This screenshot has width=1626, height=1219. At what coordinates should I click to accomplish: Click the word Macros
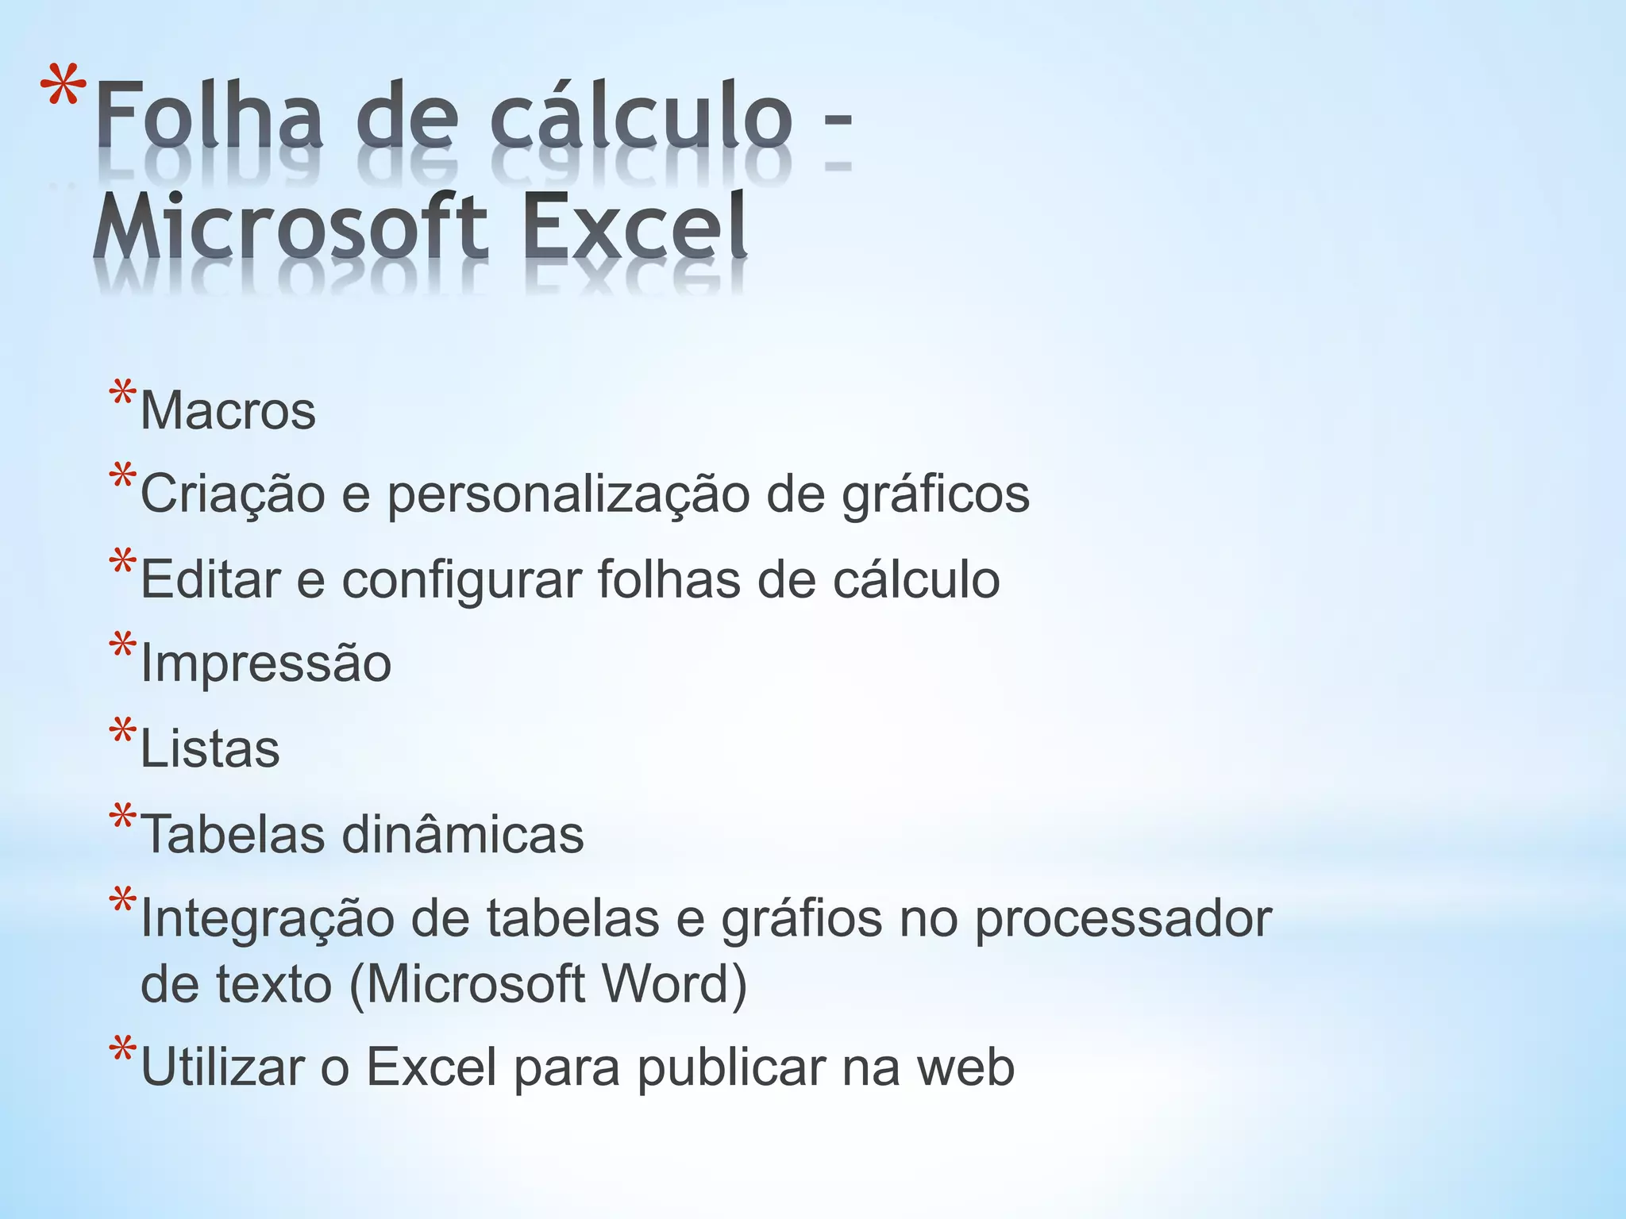(x=228, y=411)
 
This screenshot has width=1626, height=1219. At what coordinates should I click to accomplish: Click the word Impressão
(x=265, y=663)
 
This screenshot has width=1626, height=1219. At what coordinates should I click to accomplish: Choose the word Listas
(x=210, y=749)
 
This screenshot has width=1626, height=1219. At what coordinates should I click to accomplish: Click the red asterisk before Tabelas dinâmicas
(x=123, y=817)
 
